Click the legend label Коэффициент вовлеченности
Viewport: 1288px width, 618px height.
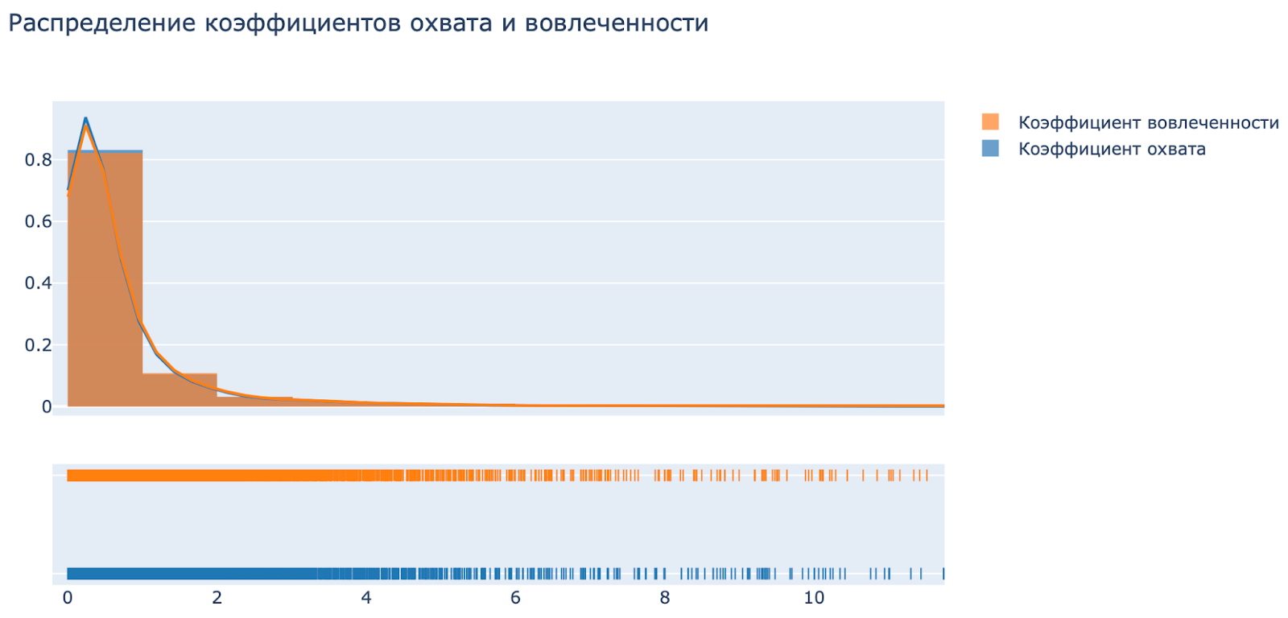pos(1148,122)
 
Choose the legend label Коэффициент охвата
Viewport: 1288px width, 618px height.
pos(1112,149)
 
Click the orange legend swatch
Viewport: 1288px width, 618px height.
pos(990,122)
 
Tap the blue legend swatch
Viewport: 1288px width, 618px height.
pos(990,149)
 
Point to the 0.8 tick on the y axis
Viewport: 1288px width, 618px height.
pos(38,159)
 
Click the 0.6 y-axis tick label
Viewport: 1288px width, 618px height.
pos(38,221)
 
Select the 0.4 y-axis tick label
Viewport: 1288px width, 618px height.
pos(38,283)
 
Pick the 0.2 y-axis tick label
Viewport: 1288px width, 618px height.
pos(38,345)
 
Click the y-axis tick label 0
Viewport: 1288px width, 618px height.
pos(47,407)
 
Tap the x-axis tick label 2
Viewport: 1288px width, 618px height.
pos(217,597)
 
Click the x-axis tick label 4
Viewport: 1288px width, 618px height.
pos(366,597)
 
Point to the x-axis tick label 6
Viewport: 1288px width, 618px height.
pos(515,597)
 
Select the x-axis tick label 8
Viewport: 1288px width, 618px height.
pos(665,597)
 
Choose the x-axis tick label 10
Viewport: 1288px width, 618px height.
pos(814,597)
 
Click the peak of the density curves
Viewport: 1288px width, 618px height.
pos(85,120)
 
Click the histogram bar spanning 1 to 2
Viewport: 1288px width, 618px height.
pos(180,391)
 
